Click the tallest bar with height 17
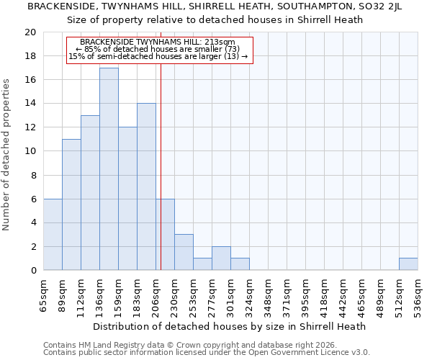(109, 168)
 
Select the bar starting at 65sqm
(53, 234)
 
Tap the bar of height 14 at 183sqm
(146, 186)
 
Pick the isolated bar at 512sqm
(408, 264)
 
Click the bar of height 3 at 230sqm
(184, 252)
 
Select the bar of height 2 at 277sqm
(221, 258)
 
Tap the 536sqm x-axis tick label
(418, 295)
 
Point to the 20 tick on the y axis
(30, 32)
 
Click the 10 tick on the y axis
(30, 151)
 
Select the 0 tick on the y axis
(32, 270)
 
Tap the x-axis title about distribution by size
(230, 326)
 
